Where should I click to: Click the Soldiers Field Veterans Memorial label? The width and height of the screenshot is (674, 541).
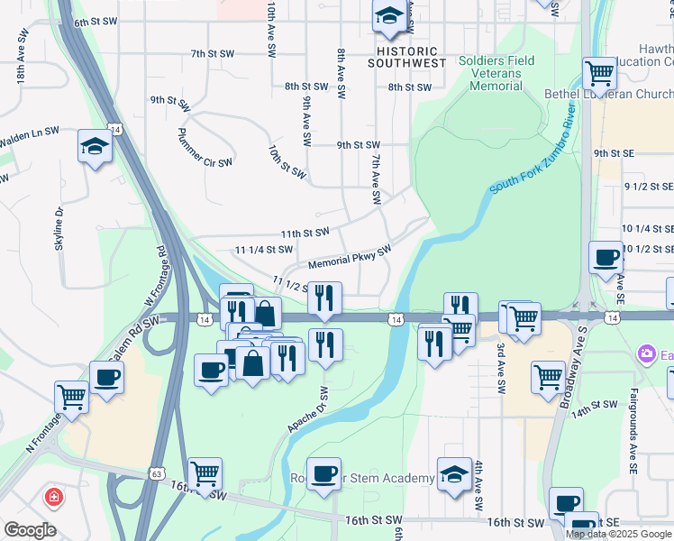point(496,73)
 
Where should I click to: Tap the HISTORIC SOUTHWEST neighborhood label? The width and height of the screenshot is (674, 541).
point(406,58)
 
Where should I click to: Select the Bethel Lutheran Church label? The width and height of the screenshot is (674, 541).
point(608,94)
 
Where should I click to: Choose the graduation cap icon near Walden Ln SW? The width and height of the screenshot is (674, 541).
point(95,145)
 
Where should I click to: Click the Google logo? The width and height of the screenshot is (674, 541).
point(30,530)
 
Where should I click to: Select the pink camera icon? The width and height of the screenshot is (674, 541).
point(646,354)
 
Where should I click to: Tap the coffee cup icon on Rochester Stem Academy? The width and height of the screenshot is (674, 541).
point(323,472)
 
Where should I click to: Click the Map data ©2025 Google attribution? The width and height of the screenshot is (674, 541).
point(619,534)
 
